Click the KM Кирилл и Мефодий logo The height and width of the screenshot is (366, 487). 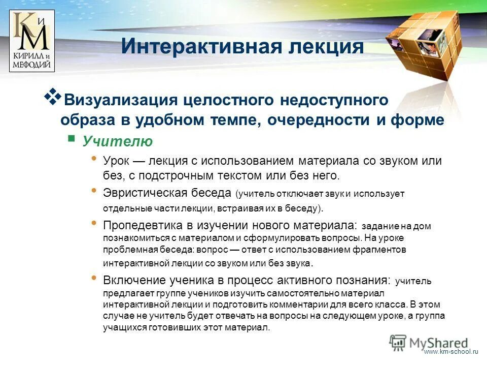(32, 41)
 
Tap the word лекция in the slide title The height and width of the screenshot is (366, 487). (321, 47)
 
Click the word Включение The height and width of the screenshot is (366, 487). (133, 280)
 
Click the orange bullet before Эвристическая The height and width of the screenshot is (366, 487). (93, 191)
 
